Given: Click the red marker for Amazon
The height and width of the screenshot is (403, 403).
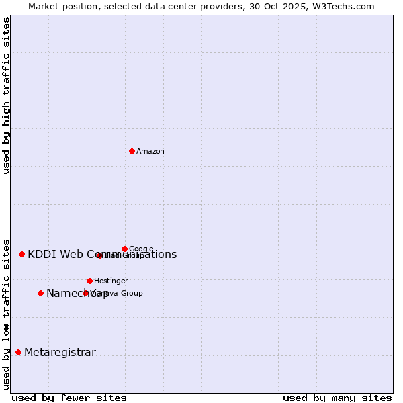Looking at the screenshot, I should pos(132,151).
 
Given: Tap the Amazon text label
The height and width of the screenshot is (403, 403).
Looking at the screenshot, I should pos(150,152).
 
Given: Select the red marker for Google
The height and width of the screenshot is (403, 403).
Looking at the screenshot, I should pos(124,249).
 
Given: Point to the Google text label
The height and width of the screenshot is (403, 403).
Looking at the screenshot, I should pos(141,249).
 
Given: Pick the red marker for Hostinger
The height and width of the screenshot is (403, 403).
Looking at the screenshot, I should pos(89,281).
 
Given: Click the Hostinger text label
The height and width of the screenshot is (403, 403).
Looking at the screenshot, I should pos(111,281).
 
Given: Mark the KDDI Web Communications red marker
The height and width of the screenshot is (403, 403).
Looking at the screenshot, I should pos(21,254).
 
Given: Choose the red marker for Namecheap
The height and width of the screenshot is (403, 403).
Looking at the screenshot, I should pos(40,293).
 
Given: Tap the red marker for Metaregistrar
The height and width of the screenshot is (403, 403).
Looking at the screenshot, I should pos(18,352).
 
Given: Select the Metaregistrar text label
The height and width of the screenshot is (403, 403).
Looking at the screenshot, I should pos(60,353).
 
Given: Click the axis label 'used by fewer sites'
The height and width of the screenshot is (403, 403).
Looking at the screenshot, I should pos(69,398).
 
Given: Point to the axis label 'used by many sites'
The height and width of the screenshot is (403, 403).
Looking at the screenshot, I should pos(337,398).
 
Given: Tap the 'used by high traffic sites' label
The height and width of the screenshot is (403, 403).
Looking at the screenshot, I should pos(7,95).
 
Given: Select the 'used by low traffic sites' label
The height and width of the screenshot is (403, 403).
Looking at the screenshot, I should pos(7,314).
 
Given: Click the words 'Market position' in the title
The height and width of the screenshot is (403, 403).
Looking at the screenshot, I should pos(58,7).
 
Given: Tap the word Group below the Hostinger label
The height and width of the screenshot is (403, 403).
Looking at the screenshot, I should pos(130,293).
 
